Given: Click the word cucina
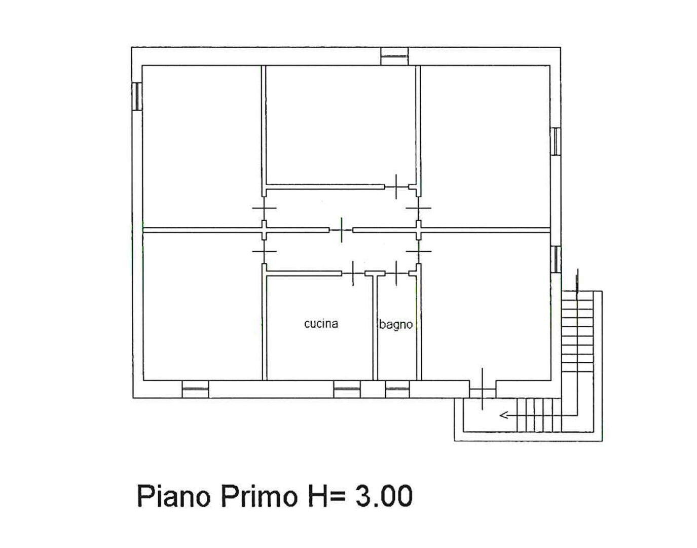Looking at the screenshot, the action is tap(321, 324).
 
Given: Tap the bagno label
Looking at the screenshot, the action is tap(395, 325).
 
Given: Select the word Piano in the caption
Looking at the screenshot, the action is tap(173, 497).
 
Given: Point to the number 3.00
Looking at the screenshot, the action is tap(383, 497).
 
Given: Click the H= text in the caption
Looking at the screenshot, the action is tap(326, 497).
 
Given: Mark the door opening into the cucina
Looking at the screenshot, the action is tap(353, 273).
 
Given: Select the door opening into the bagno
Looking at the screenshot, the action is tap(396, 273).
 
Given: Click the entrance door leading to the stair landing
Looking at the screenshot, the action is tap(483, 389).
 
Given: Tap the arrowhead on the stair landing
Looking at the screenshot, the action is tap(504, 416).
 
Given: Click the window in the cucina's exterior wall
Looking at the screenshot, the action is tap(347, 389).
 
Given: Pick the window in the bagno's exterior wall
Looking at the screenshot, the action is tap(397, 389).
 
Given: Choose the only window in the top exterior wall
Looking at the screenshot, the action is tap(394, 56).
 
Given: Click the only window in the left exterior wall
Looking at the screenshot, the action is tap(137, 96).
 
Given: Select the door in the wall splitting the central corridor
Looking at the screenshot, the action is tap(341, 230).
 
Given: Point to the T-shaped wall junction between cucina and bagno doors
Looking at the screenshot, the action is tap(375, 274).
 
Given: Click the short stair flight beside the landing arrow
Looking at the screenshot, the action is tap(539, 415).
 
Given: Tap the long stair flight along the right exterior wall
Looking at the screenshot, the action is tap(577, 331).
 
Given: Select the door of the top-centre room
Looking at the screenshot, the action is tap(396, 187).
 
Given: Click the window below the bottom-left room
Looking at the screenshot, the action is tap(195, 389).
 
